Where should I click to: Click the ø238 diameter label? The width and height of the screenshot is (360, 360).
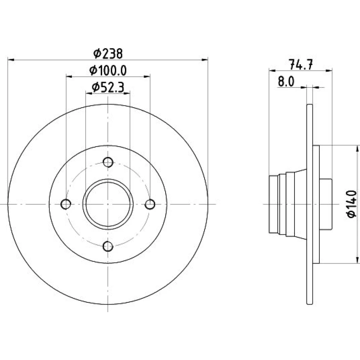pos(108,54)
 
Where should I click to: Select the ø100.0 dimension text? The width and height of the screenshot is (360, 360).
pos(108,70)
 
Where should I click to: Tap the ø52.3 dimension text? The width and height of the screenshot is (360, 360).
pos(108,87)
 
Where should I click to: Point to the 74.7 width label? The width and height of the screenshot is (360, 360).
pos(301,64)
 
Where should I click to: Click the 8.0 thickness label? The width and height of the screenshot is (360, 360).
pos(286,81)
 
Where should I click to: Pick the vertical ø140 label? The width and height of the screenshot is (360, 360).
pos(351,204)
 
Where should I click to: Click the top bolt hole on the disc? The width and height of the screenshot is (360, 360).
pos(108,162)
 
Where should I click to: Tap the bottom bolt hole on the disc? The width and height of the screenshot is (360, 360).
pos(108,246)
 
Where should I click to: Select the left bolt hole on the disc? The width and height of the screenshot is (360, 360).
pos(66,204)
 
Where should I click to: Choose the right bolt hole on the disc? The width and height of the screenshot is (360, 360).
pos(150,204)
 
